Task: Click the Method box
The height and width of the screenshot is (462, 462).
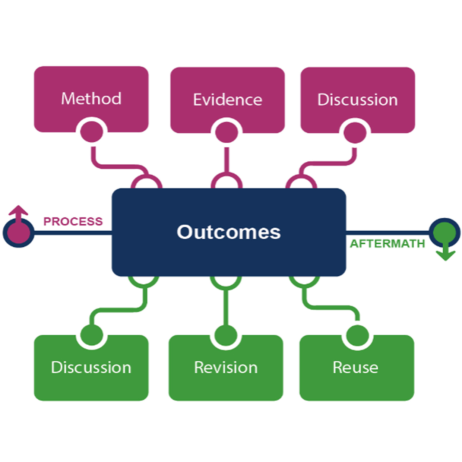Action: (91, 98)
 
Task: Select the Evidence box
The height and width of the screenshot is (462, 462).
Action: (227, 99)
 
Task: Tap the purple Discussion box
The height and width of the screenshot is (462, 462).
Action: (358, 99)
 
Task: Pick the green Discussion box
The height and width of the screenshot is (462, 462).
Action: (91, 367)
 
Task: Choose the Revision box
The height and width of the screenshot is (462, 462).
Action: (226, 367)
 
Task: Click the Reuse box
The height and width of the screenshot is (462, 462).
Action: (356, 367)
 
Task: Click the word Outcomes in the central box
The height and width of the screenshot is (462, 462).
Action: (228, 232)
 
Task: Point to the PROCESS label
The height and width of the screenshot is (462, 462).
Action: (73, 221)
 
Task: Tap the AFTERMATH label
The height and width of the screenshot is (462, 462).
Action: (387, 244)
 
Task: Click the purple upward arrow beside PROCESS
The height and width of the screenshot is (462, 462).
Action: (18, 212)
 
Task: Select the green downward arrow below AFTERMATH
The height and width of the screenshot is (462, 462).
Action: (446, 253)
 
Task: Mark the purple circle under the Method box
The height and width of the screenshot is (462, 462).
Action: (92, 132)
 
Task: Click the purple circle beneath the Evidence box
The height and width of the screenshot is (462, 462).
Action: (227, 132)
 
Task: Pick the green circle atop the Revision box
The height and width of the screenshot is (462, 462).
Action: (226, 335)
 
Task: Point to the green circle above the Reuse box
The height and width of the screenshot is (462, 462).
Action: (357, 336)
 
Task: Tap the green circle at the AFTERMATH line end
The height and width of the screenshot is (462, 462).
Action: (445, 233)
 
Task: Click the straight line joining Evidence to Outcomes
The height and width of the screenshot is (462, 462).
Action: (227, 160)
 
